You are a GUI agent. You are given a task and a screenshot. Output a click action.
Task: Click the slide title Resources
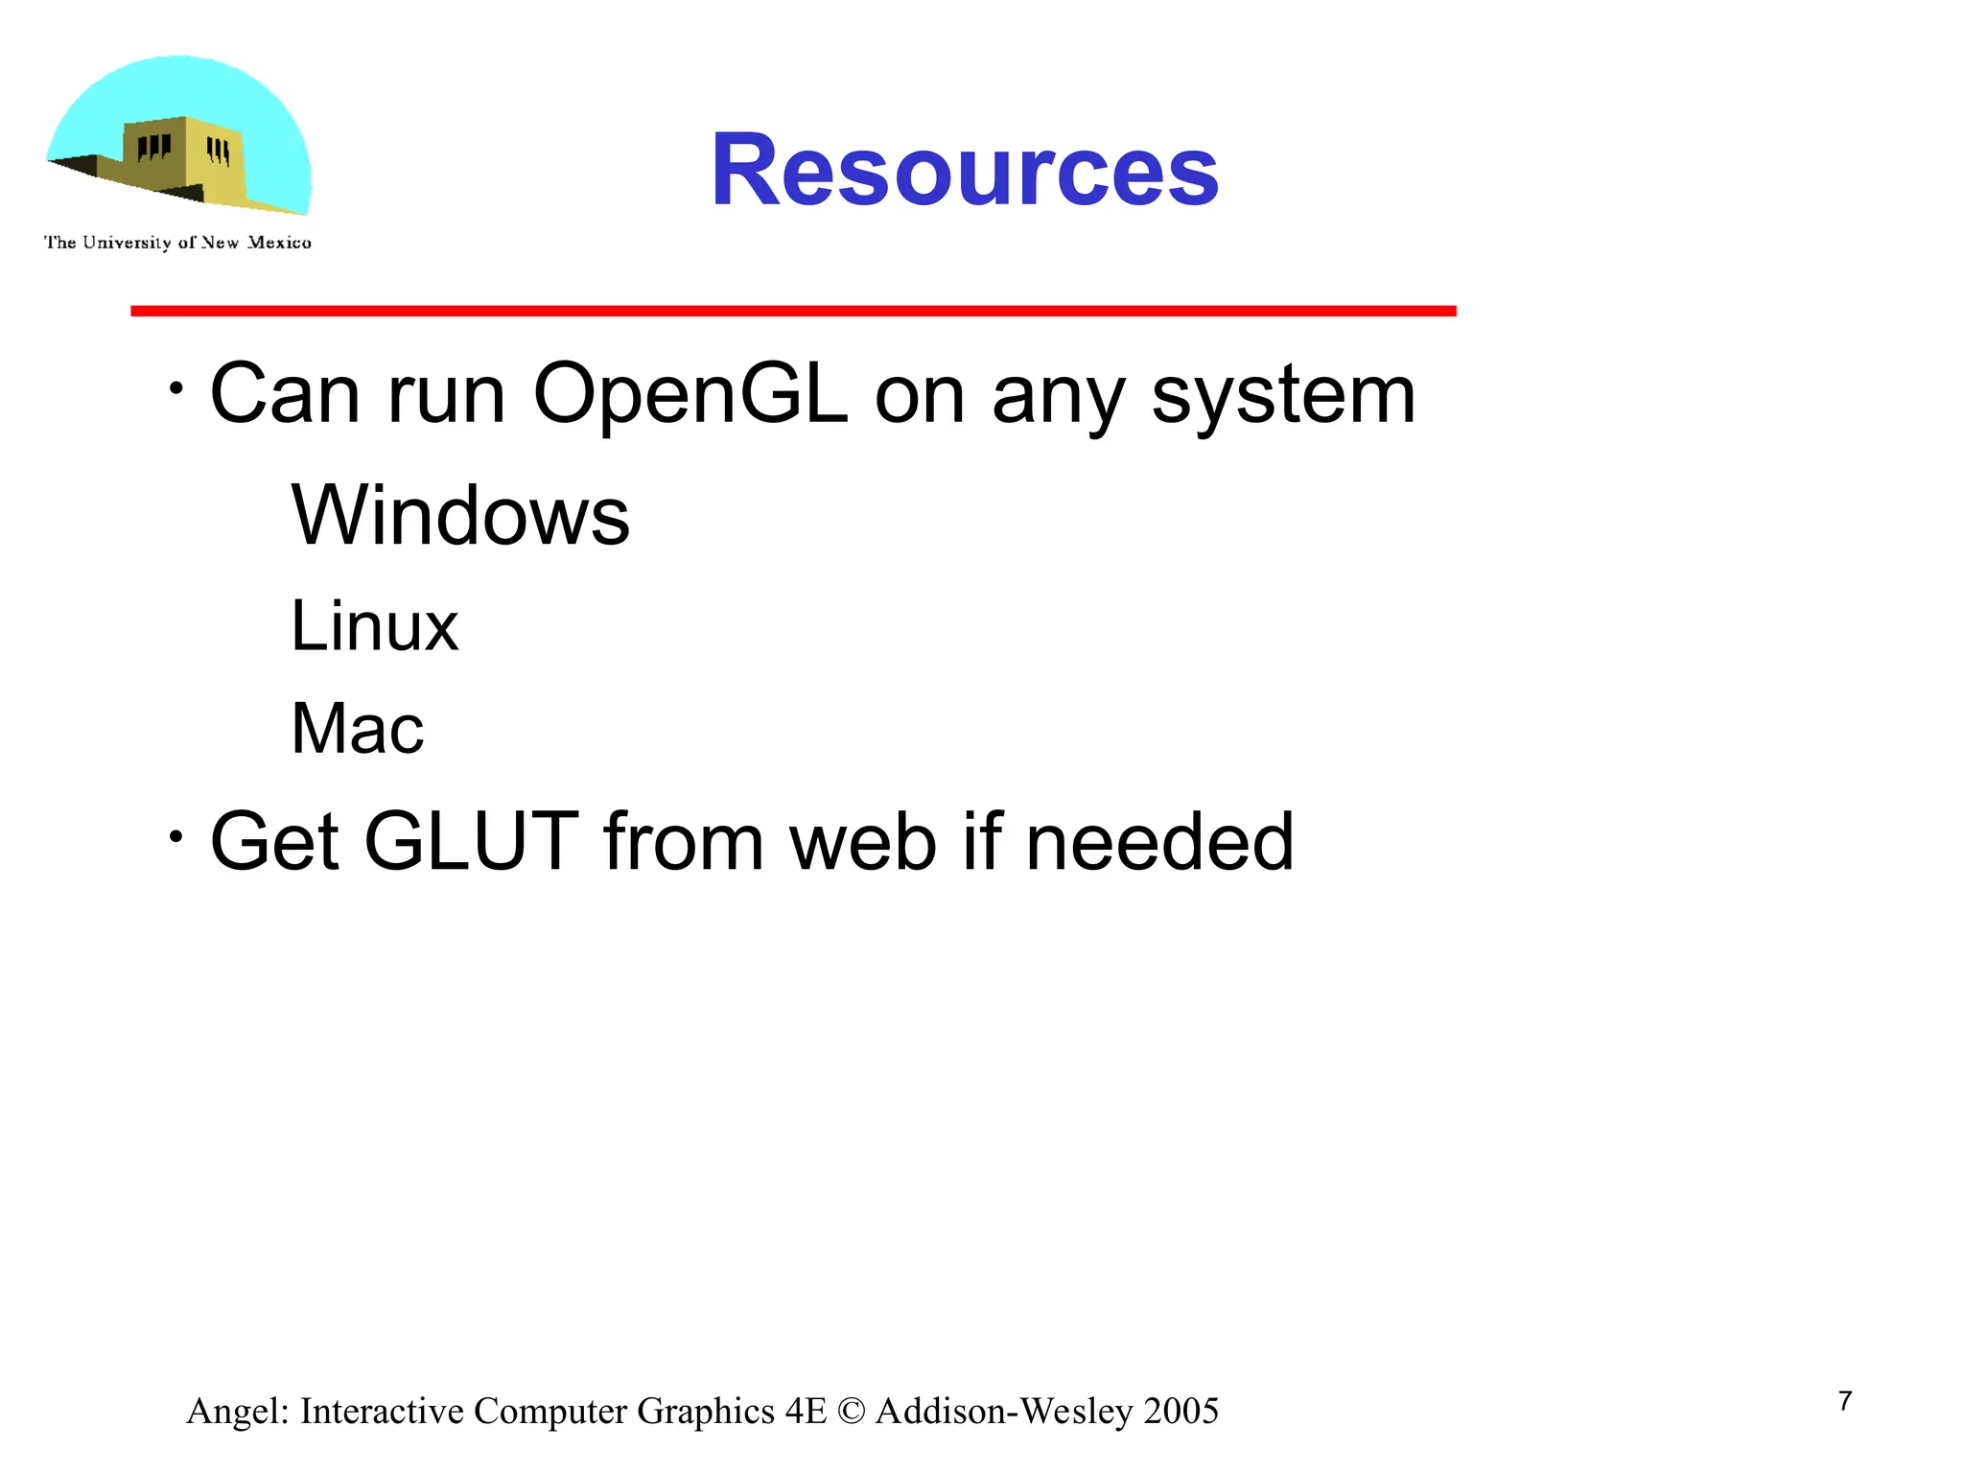964,171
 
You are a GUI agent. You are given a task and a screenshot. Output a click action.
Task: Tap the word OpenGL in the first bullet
690,395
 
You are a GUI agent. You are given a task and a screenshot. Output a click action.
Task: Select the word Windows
460,516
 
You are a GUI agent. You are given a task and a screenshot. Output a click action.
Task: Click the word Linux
374,626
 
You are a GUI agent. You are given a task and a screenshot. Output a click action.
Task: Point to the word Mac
357,729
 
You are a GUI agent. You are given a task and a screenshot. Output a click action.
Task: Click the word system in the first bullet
1283,395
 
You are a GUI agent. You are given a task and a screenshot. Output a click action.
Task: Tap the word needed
1159,842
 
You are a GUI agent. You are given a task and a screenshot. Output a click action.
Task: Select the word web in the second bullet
862,842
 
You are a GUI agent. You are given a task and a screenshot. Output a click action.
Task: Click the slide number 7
1845,1402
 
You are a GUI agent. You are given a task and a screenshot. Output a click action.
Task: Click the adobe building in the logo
182,158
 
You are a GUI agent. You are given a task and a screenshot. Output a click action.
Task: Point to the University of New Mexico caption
177,243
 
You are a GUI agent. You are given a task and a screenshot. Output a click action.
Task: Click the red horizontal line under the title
793,311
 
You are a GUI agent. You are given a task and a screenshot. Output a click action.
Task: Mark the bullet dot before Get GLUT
175,837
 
